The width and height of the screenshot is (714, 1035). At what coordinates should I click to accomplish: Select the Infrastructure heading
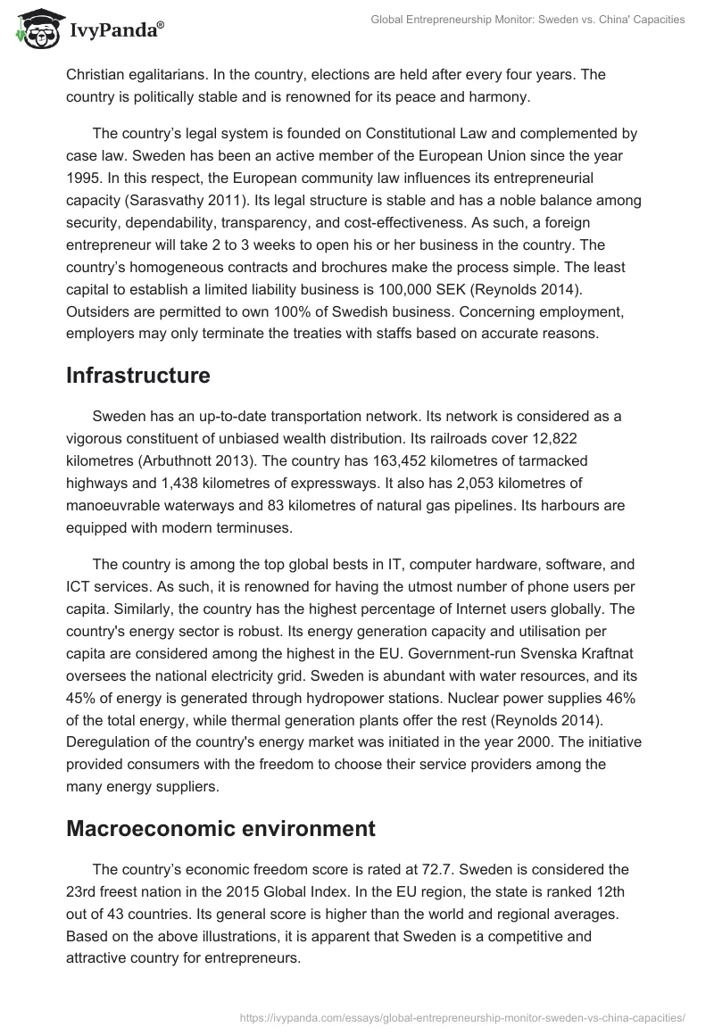(138, 376)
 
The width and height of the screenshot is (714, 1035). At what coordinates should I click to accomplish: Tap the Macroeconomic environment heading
(220, 829)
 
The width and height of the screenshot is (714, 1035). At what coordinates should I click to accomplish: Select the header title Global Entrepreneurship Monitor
(463, 19)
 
